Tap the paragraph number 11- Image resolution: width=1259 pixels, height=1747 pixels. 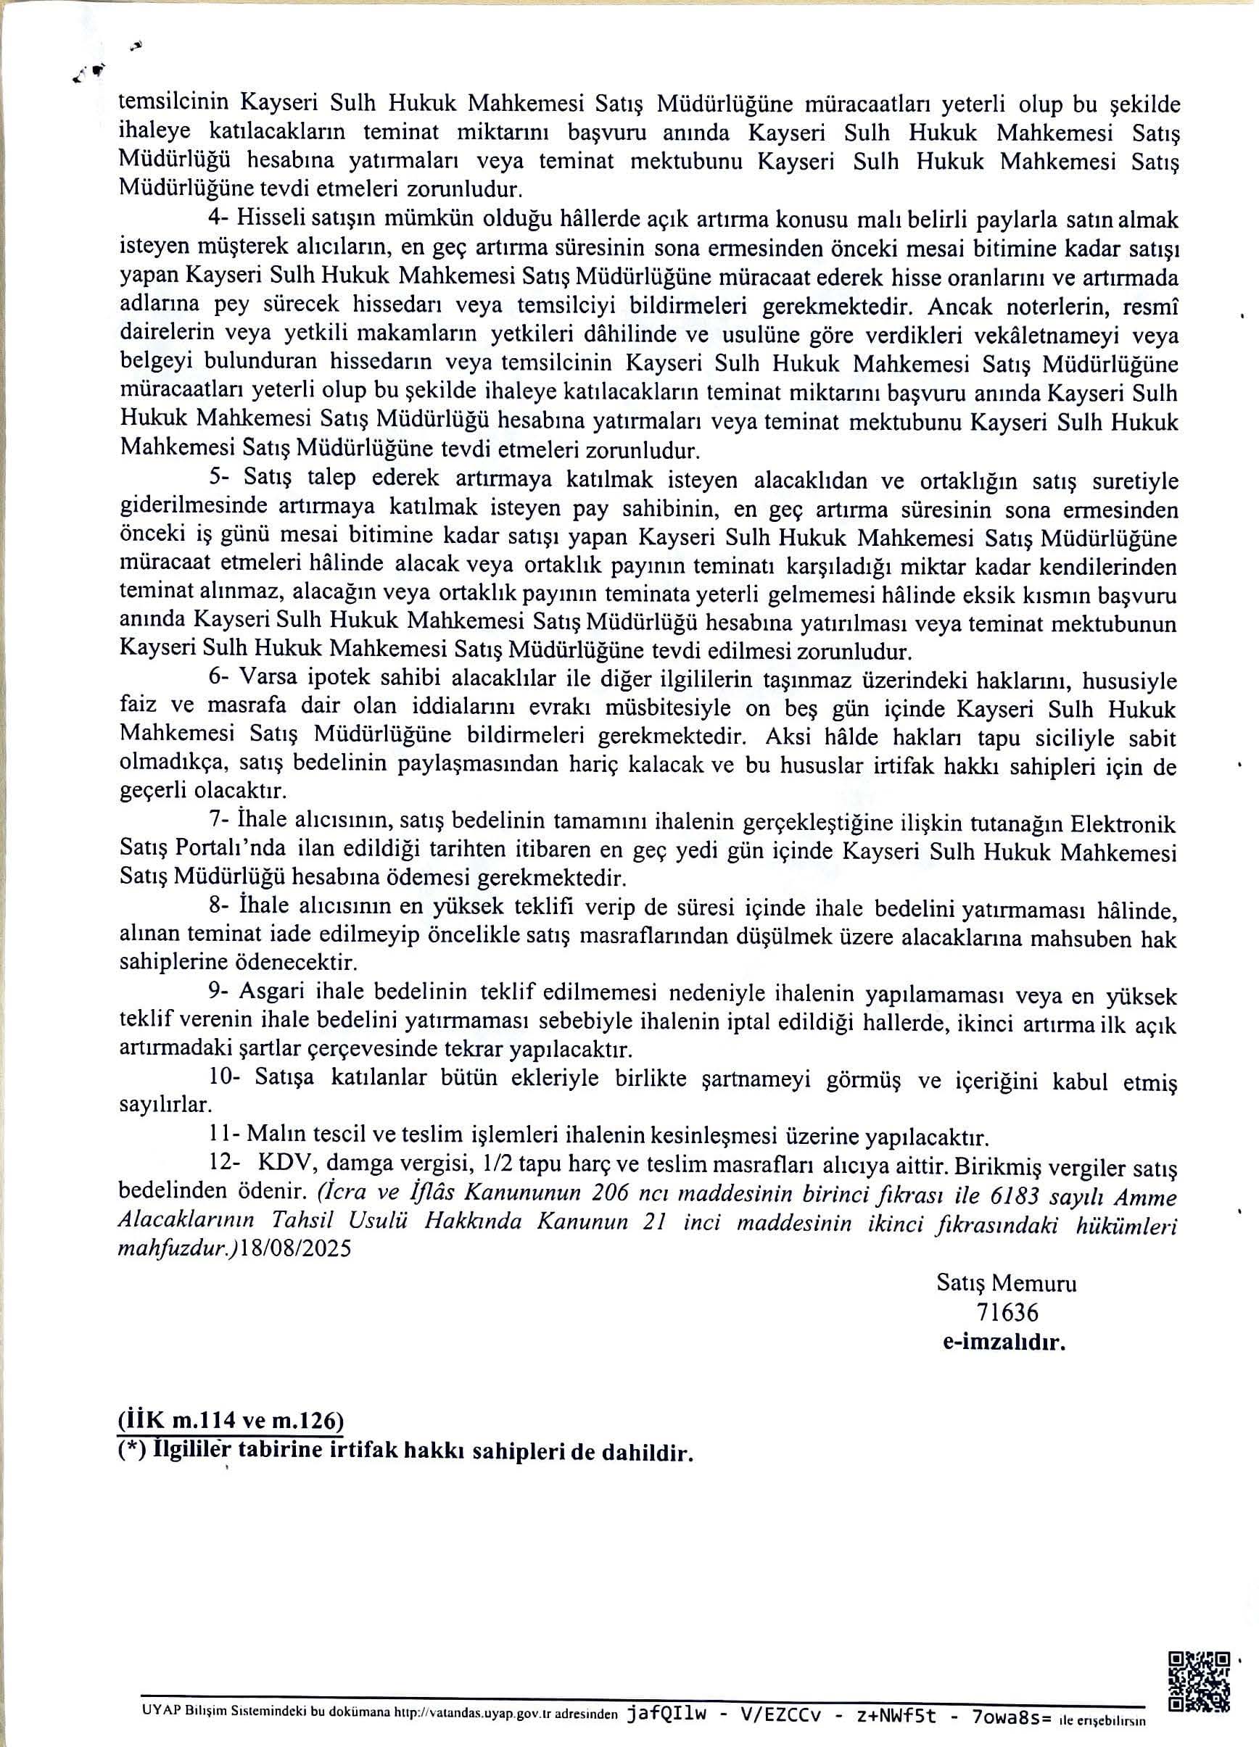[223, 1135]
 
